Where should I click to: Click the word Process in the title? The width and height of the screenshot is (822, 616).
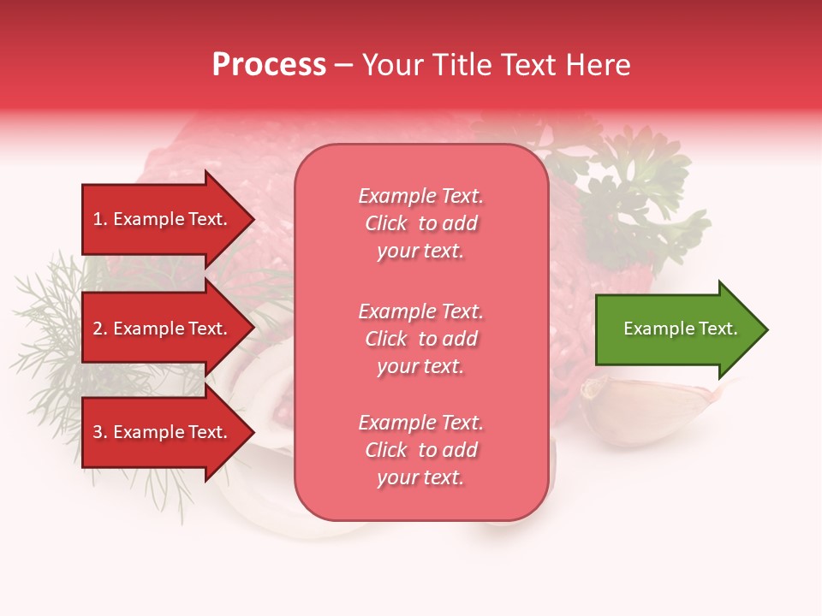click(269, 65)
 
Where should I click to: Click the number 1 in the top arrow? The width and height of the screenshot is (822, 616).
click(97, 219)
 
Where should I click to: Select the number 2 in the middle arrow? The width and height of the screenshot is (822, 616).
click(97, 329)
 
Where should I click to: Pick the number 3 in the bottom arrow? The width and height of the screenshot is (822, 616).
click(97, 432)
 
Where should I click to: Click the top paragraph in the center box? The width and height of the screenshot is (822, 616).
click(420, 223)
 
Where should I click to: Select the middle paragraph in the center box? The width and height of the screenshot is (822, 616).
click(420, 339)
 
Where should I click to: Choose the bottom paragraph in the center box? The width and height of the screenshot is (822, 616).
click(420, 450)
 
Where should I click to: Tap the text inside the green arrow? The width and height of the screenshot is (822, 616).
click(680, 329)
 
